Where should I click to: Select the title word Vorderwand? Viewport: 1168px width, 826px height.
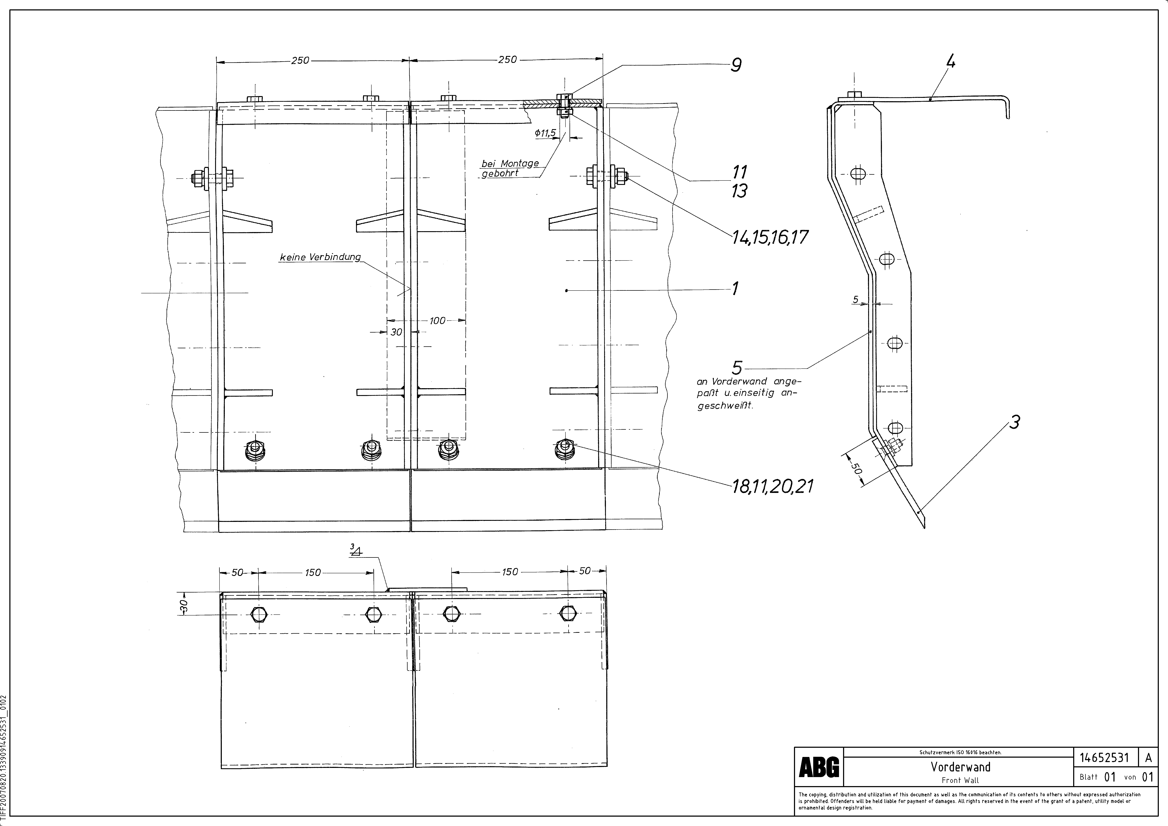[x=961, y=766]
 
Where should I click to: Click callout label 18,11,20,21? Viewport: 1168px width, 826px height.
[x=772, y=487]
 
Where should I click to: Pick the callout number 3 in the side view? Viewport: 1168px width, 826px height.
[x=1014, y=422]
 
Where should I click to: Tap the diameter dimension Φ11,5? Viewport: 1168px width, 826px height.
[x=545, y=133]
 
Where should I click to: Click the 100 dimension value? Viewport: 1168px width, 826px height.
[x=437, y=321]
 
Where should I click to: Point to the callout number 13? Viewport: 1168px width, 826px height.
[x=739, y=191]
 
